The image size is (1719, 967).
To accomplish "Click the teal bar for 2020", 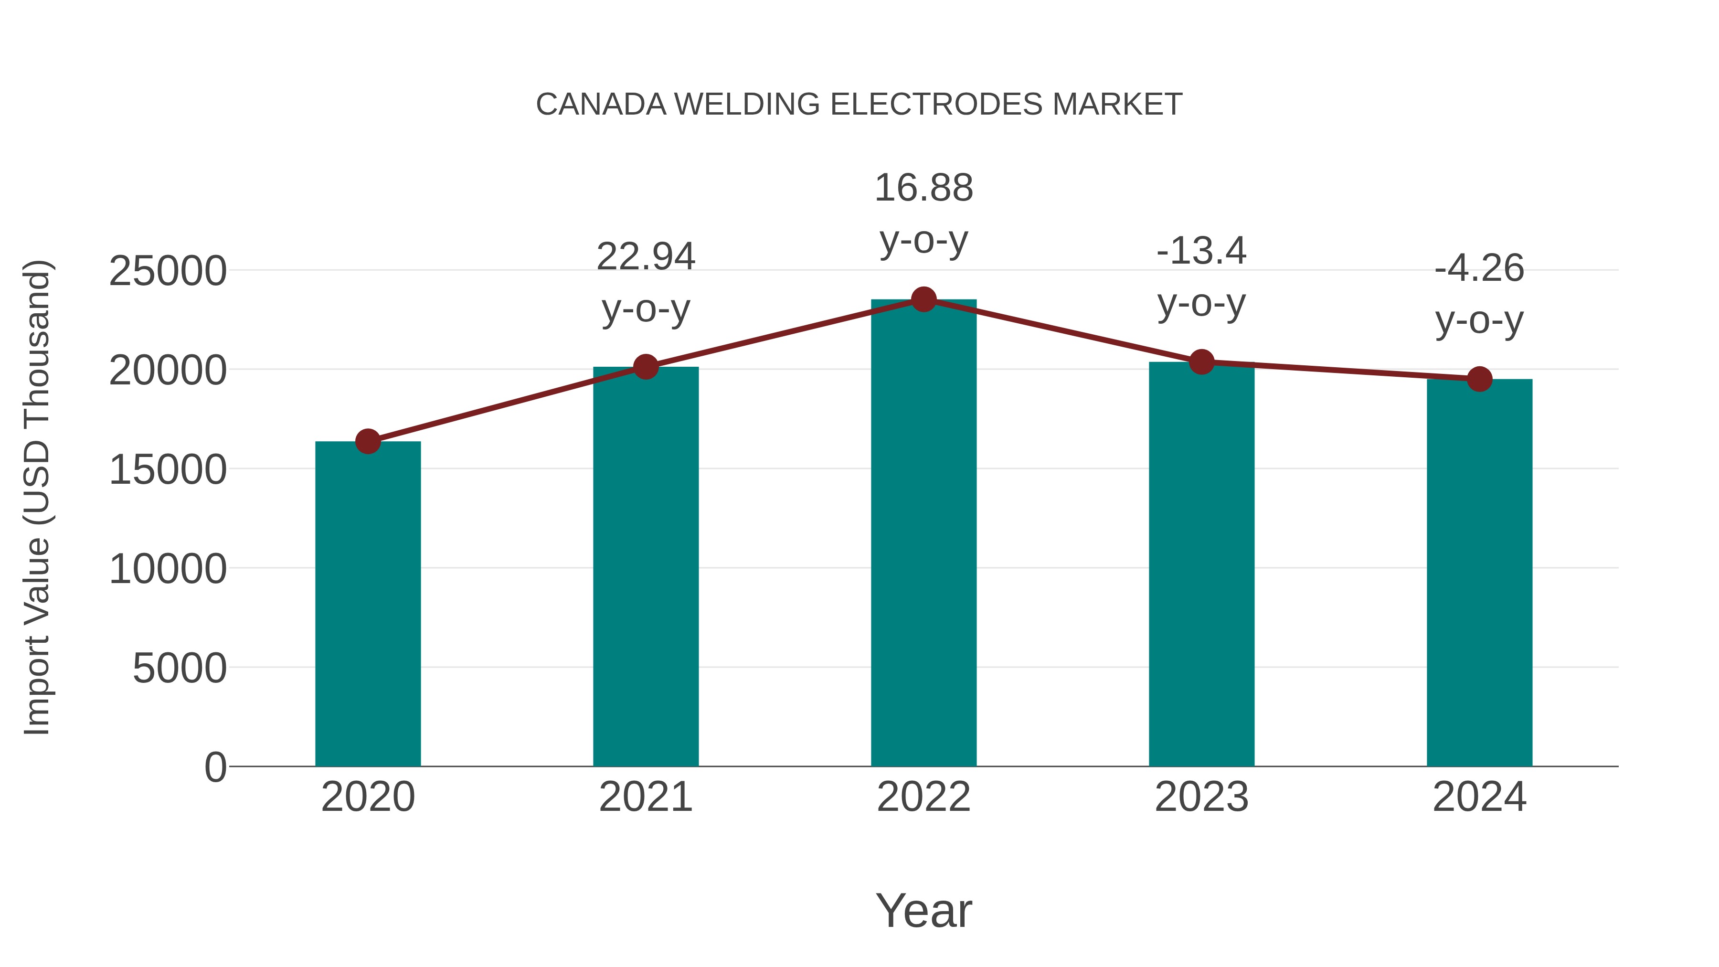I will (x=368, y=604).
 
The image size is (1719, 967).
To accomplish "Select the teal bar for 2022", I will (x=923, y=534).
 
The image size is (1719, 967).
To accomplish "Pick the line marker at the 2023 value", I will (x=1202, y=361).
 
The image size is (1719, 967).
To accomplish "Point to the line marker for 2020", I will (x=368, y=441).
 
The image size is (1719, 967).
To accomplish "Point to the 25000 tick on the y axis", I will (x=168, y=272).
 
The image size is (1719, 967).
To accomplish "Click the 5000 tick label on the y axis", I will (x=180, y=668).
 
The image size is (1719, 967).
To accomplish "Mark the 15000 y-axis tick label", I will (x=168, y=470).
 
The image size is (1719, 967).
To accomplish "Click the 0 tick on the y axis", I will (x=215, y=767).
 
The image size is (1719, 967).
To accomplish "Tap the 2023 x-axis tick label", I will (x=1202, y=797).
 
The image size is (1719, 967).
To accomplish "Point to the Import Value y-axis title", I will (x=37, y=497).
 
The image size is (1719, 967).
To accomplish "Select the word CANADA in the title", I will (x=601, y=105).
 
